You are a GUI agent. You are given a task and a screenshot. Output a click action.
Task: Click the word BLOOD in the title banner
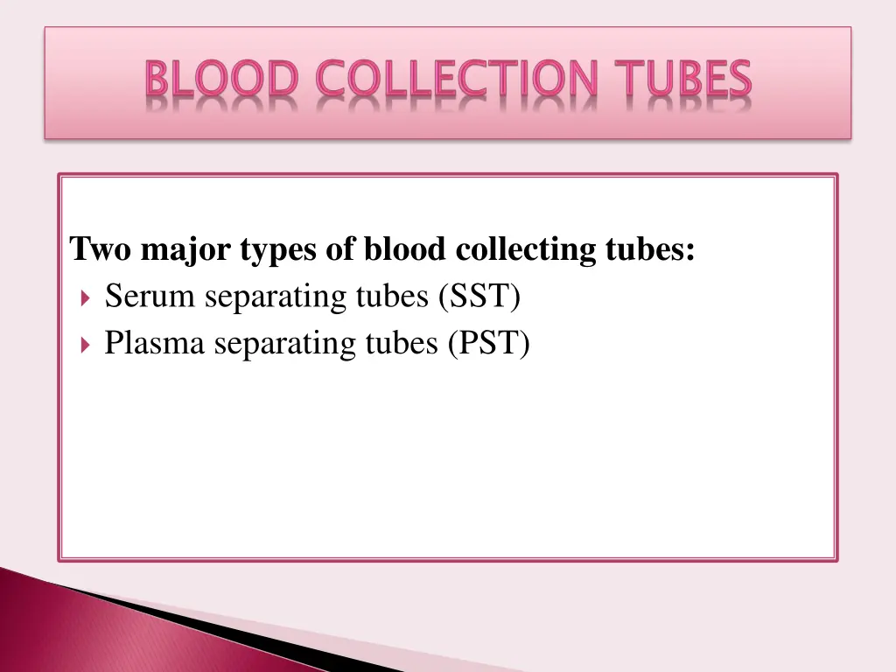point(222,80)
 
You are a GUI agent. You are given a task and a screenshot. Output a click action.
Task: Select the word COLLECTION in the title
point(457,80)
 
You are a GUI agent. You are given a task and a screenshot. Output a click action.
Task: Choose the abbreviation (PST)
point(488,344)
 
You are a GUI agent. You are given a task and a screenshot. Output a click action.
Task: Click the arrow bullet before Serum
point(84,298)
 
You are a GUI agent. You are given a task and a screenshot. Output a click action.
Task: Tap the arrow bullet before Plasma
point(84,345)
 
